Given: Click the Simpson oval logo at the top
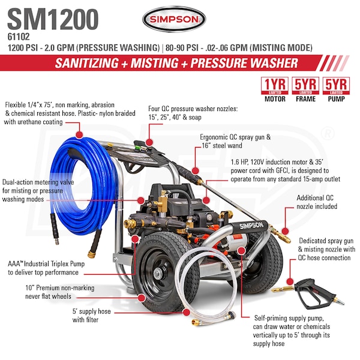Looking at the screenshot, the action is (174, 19).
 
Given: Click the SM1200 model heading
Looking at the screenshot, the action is (53, 20).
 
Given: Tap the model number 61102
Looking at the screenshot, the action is (19, 37).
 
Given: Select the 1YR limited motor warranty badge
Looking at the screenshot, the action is (275, 86).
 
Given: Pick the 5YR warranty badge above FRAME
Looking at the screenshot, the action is (305, 86).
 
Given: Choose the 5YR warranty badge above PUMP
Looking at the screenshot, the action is (336, 86).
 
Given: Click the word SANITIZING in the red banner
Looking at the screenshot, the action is (87, 63).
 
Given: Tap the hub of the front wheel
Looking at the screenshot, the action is (158, 274).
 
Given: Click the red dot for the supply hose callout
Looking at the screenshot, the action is (187, 312).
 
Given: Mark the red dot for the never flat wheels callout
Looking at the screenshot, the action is (142, 298).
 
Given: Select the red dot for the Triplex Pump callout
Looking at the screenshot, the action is (135, 239).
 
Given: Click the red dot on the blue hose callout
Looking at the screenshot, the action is (79, 134).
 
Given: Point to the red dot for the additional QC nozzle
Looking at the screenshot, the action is (285, 231).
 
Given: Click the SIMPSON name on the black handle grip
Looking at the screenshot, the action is (251, 226).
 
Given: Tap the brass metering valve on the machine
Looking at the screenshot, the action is (163, 202).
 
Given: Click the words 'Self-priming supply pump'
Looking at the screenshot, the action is (289, 318).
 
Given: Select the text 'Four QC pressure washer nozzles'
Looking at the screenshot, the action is (193, 109).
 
